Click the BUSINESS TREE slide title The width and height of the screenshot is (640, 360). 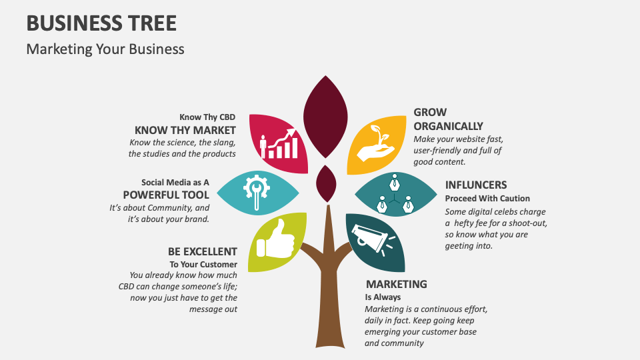tap(101, 23)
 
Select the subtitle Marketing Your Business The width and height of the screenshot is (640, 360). tap(105, 49)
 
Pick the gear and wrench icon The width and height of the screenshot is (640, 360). tap(257, 193)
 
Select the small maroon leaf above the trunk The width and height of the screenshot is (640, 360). tap(326, 183)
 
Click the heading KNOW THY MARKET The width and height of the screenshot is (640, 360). tap(185, 130)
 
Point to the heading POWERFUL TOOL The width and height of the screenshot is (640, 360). tap(166, 195)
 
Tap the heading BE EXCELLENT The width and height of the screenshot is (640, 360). tap(202, 252)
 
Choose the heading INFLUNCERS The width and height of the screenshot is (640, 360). tap(476, 185)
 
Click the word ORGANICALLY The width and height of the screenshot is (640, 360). tap(448, 126)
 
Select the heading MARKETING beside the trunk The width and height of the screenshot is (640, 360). tap(396, 285)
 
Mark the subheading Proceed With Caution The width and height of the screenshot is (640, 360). tap(487, 198)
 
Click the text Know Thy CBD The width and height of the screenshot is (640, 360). tap(207, 117)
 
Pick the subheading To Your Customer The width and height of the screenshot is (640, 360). tap(203, 264)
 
